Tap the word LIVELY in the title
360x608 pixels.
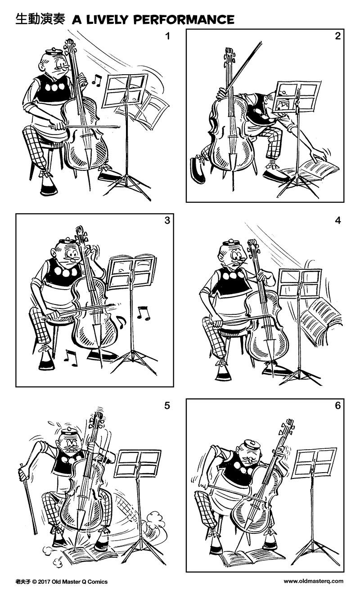(106, 20)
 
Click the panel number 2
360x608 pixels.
(337, 36)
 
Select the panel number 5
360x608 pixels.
(167, 405)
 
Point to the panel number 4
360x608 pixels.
(337, 220)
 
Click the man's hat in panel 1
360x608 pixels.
(53, 51)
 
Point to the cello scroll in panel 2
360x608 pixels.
(229, 56)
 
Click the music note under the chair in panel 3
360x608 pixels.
(71, 358)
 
